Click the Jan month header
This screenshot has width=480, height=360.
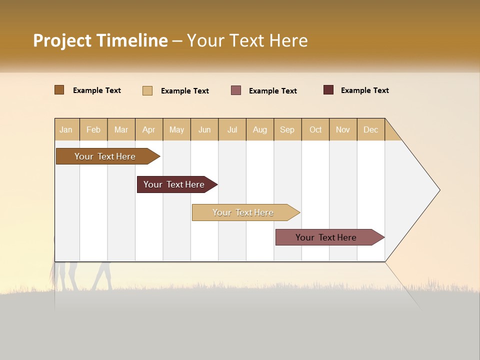click(x=66, y=129)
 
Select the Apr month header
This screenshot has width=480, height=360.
click(x=149, y=129)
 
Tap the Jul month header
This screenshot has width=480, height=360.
click(x=232, y=129)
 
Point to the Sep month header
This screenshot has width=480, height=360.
click(x=287, y=129)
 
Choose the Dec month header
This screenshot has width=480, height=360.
click(x=370, y=129)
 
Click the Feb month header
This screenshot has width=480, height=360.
click(x=93, y=129)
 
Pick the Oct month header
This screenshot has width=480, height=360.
click(x=315, y=129)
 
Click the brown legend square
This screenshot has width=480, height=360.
click(x=59, y=90)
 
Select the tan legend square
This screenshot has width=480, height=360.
click(x=147, y=90)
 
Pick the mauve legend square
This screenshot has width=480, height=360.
click(x=236, y=90)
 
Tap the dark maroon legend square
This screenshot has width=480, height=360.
click(x=328, y=90)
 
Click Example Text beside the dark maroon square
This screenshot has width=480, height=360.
click(x=364, y=90)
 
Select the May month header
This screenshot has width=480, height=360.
click(x=176, y=129)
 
